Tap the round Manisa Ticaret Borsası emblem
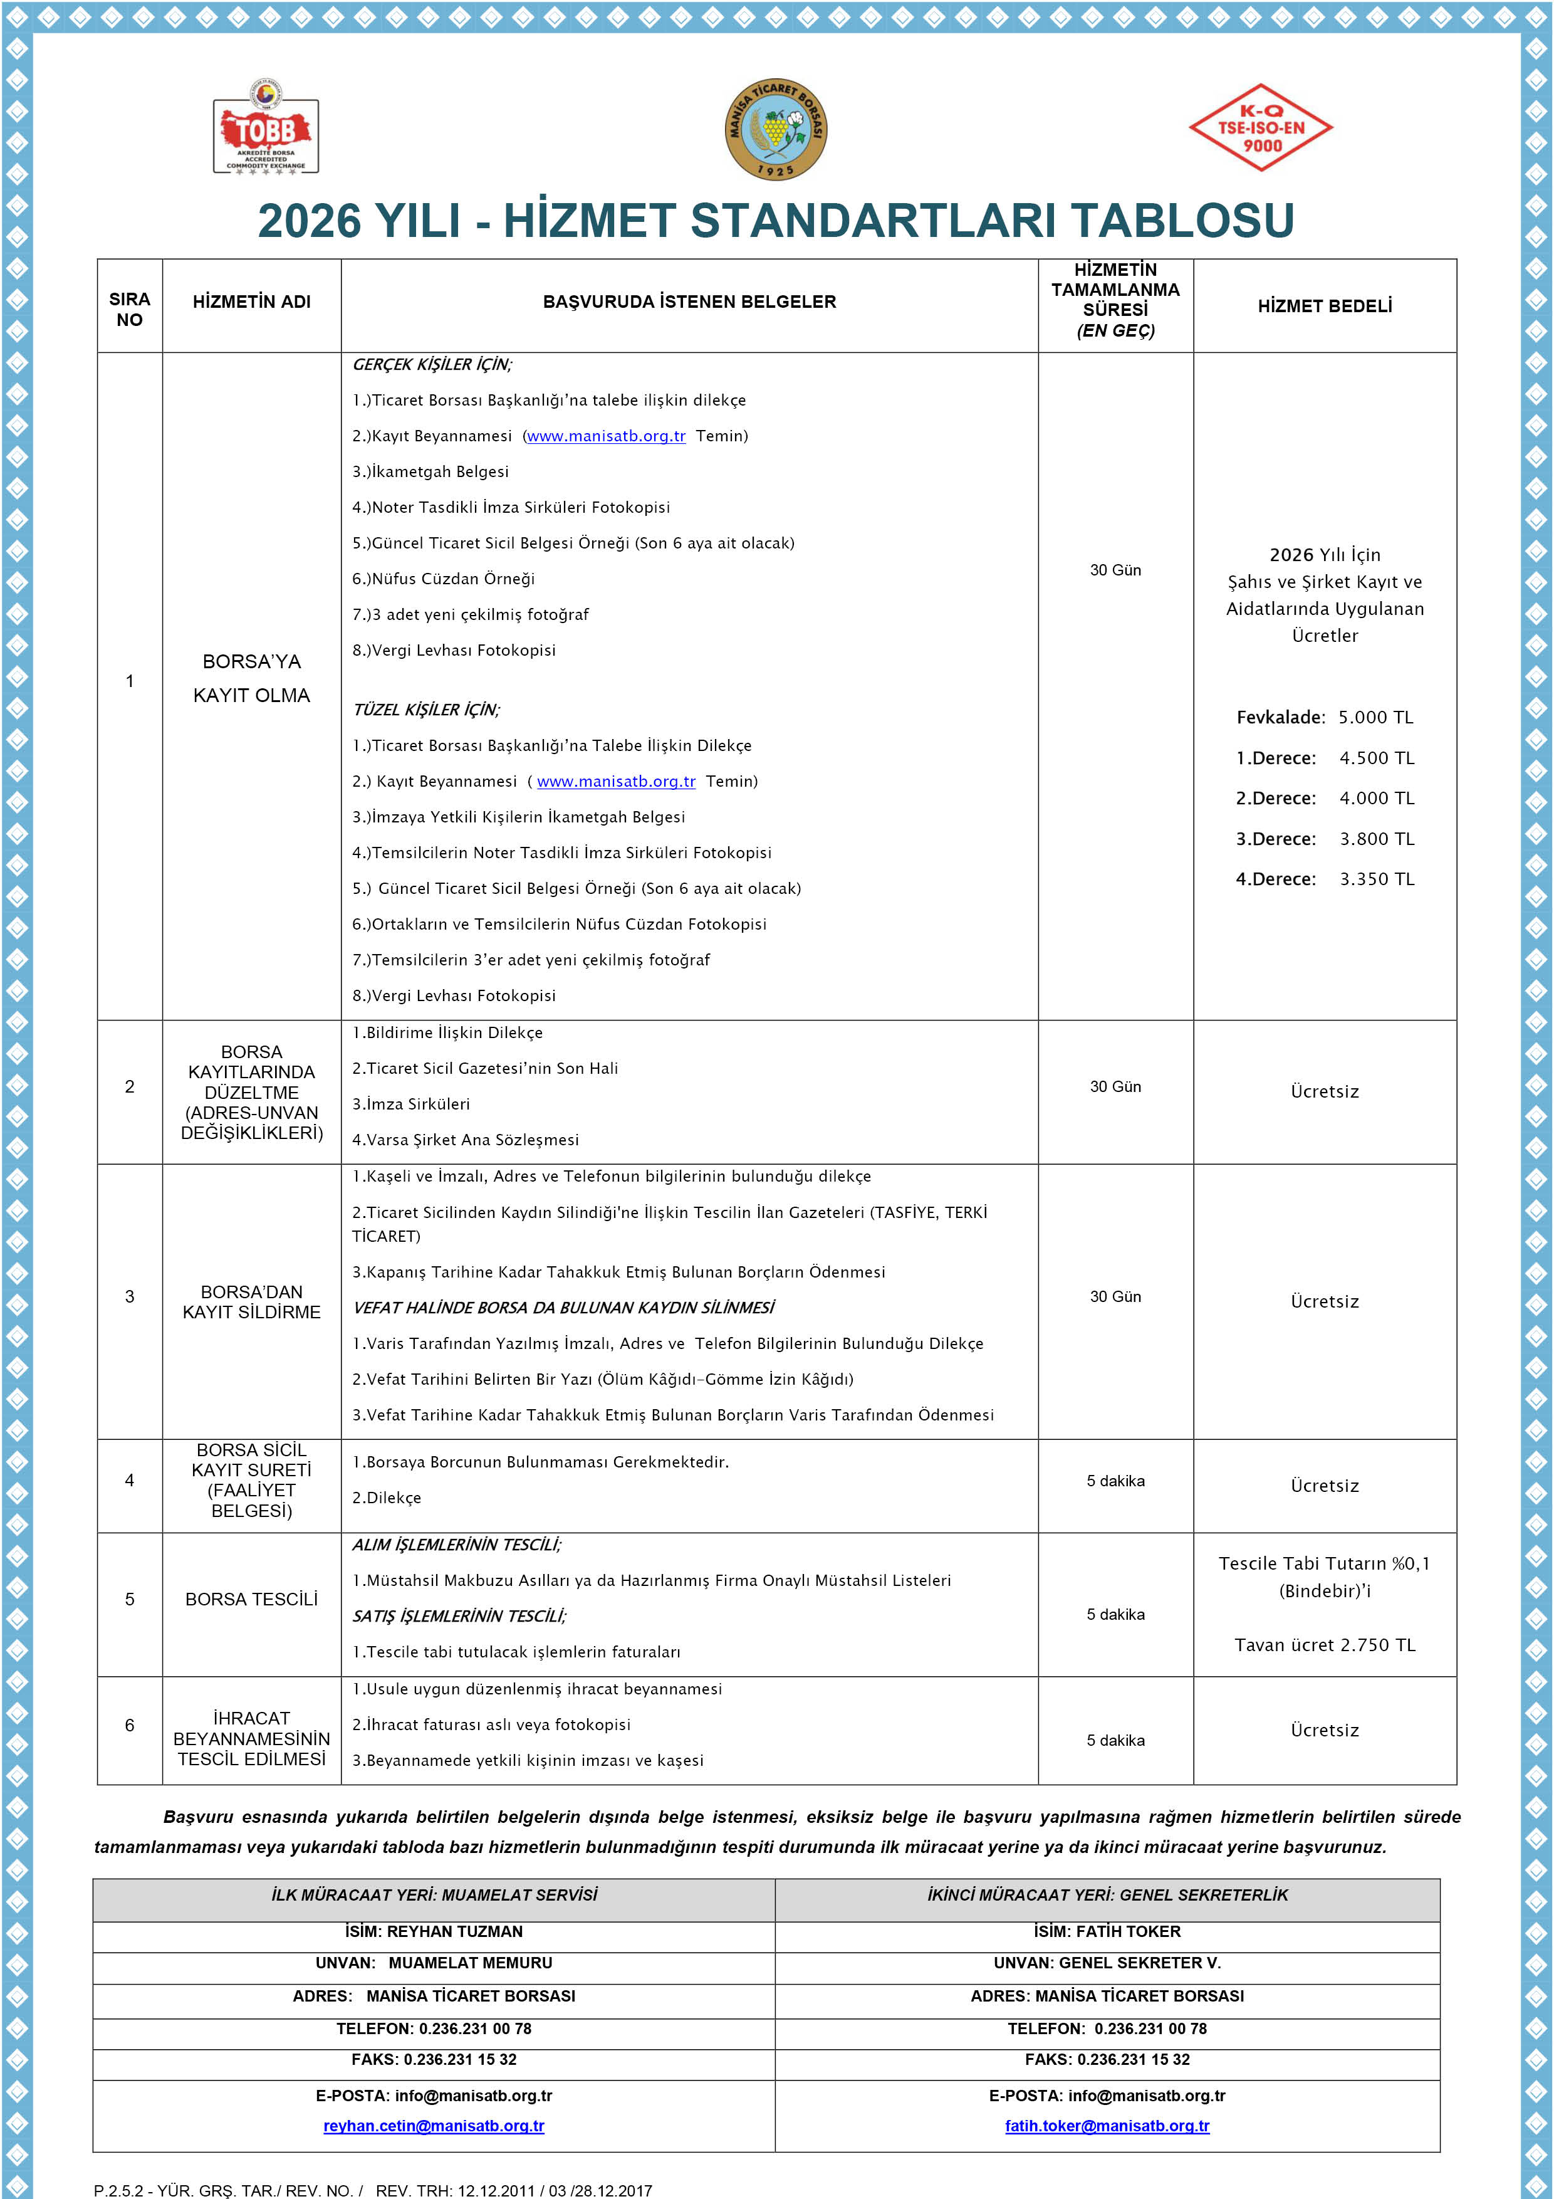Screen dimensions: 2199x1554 coord(776,129)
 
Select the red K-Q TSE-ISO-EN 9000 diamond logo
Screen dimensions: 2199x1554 coord(1260,127)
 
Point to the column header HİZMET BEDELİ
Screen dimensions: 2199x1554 coord(1324,305)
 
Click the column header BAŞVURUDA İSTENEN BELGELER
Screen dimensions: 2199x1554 coord(689,302)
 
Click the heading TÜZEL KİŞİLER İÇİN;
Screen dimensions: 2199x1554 coord(426,710)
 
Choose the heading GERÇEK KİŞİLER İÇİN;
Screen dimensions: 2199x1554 coord(432,364)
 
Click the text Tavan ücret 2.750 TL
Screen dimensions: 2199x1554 coord(1324,1644)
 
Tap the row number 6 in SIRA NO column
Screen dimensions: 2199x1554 coord(129,1725)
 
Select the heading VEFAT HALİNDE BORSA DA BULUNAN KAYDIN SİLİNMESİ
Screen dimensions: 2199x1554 coord(563,1308)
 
